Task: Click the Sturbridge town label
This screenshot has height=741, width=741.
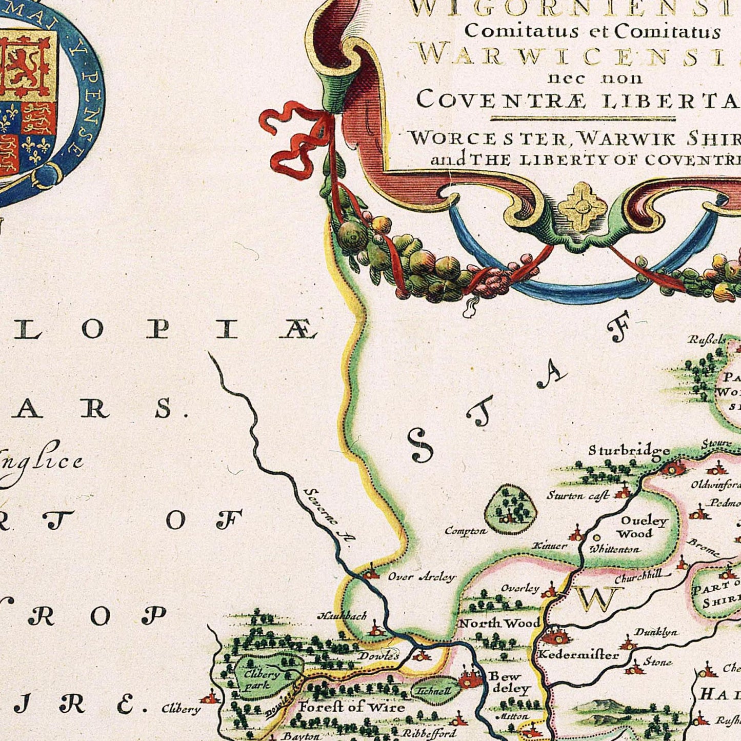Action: [628, 451]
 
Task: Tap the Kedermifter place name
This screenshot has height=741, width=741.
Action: [577, 655]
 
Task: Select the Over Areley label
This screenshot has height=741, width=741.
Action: [421, 577]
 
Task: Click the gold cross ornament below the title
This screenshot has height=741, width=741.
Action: [582, 207]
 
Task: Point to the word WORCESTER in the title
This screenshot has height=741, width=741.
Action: [487, 138]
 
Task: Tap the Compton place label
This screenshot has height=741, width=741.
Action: [465, 531]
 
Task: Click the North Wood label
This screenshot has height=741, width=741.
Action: [498, 623]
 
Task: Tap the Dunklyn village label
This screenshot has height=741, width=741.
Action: [656, 632]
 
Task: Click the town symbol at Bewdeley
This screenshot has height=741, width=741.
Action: [469, 679]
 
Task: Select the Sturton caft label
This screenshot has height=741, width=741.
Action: [577, 495]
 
